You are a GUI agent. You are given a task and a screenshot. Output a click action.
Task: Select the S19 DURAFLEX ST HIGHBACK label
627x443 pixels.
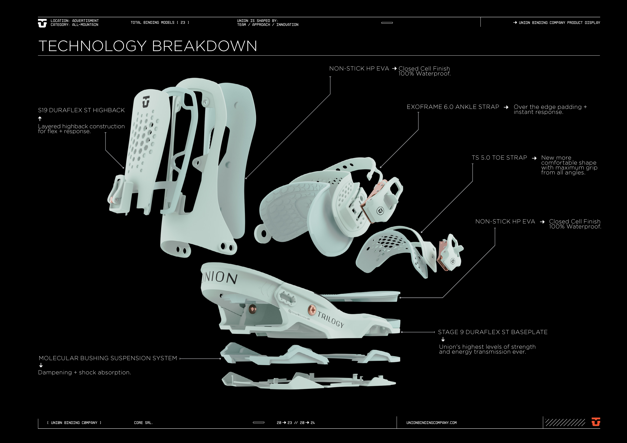click(81, 110)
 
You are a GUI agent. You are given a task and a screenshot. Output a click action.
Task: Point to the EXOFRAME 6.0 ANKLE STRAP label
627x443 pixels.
click(453, 107)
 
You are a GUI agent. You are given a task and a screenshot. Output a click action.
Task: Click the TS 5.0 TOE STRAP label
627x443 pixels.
click(499, 158)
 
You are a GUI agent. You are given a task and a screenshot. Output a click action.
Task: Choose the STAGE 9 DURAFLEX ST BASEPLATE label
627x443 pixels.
click(493, 332)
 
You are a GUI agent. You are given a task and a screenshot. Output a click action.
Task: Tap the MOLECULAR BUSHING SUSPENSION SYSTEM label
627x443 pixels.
click(108, 358)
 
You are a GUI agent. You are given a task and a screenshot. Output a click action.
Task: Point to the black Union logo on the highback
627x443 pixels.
click(146, 102)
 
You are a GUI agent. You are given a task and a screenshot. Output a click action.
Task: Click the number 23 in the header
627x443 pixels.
click(183, 23)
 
